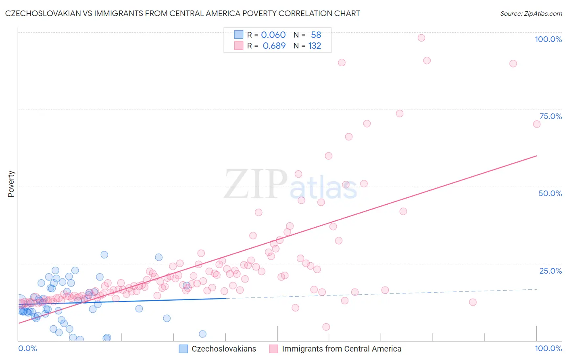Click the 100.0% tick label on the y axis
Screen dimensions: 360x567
click(x=548, y=39)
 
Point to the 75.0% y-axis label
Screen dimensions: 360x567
click(x=550, y=116)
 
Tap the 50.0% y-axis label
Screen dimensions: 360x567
click(x=550, y=193)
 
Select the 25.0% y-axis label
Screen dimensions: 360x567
click(x=550, y=271)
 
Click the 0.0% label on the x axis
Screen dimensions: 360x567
click(x=27, y=348)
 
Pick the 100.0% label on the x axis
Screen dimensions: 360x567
click(x=548, y=348)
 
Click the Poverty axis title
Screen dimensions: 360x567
click(x=11, y=184)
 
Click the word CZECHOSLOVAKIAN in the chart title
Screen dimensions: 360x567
click(x=40, y=13)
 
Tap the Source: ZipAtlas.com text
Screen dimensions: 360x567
click(x=531, y=13)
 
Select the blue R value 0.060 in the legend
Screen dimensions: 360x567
click(x=273, y=35)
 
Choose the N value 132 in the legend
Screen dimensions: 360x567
click(x=315, y=46)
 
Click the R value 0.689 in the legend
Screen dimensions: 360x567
click(x=274, y=46)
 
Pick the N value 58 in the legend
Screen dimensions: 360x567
click(x=316, y=35)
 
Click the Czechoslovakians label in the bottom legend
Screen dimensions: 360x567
click(x=224, y=349)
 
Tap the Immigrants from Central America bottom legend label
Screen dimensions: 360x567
click(x=342, y=349)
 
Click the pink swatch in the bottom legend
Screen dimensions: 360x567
click(x=273, y=349)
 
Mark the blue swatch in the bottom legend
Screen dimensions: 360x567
click(x=183, y=349)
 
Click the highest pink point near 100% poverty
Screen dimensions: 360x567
click(x=421, y=38)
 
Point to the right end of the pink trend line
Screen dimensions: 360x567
click(x=536, y=155)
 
